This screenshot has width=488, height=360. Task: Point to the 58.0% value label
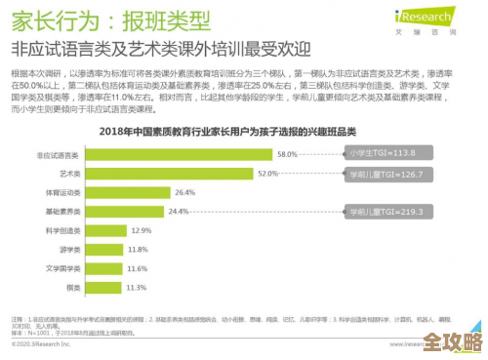coord(287,154)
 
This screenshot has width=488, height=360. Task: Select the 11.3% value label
coord(136,287)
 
